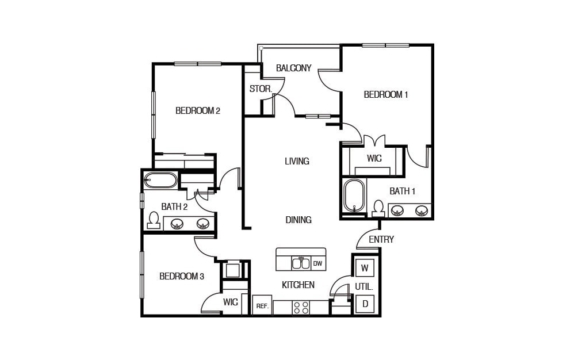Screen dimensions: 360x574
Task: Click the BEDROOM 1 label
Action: pyautogui.click(x=385, y=95)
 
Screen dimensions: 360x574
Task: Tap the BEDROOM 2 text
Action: pyautogui.click(x=198, y=111)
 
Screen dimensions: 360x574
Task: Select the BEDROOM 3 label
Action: pyautogui.click(x=182, y=277)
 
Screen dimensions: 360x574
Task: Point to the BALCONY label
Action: pyautogui.click(x=293, y=68)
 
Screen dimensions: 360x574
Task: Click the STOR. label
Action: pyautogui.click(x=260, y=89)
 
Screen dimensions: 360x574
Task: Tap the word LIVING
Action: pyautogui.click(x=297, y=162)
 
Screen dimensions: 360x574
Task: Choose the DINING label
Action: pyautogui.click(x=299, y=220)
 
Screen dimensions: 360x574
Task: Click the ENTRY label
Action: pyautogui.click(x=381, y=239)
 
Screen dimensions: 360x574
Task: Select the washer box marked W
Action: pyautogui.click(x=365, y=268)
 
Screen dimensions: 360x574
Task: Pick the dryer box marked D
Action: pyautogui.click(x=365, y=304)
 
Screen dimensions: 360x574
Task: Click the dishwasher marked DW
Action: pyautogui.click(x=317, y=264)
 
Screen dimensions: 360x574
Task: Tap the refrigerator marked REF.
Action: pyautogui.click(x=262, y=306)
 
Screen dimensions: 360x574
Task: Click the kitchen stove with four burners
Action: pyautogui.click(x=300, y=308)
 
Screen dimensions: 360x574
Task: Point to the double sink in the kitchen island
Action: pyautogui.click(x=301, y=263)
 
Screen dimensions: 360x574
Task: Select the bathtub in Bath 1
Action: pyautogui.click(x=354, y=196)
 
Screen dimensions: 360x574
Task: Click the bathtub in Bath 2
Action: pyautogui.click(x=160, y=181)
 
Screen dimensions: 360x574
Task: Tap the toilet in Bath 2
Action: pyautogui.click(x=154, y=221)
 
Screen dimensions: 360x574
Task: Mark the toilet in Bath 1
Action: pyautogui.click(x=378, y=208)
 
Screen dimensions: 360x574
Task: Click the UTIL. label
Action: pyautogui.click(x=364, y=286)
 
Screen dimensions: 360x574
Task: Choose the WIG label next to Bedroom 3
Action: pyautogui.click(x=231, y=302)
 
